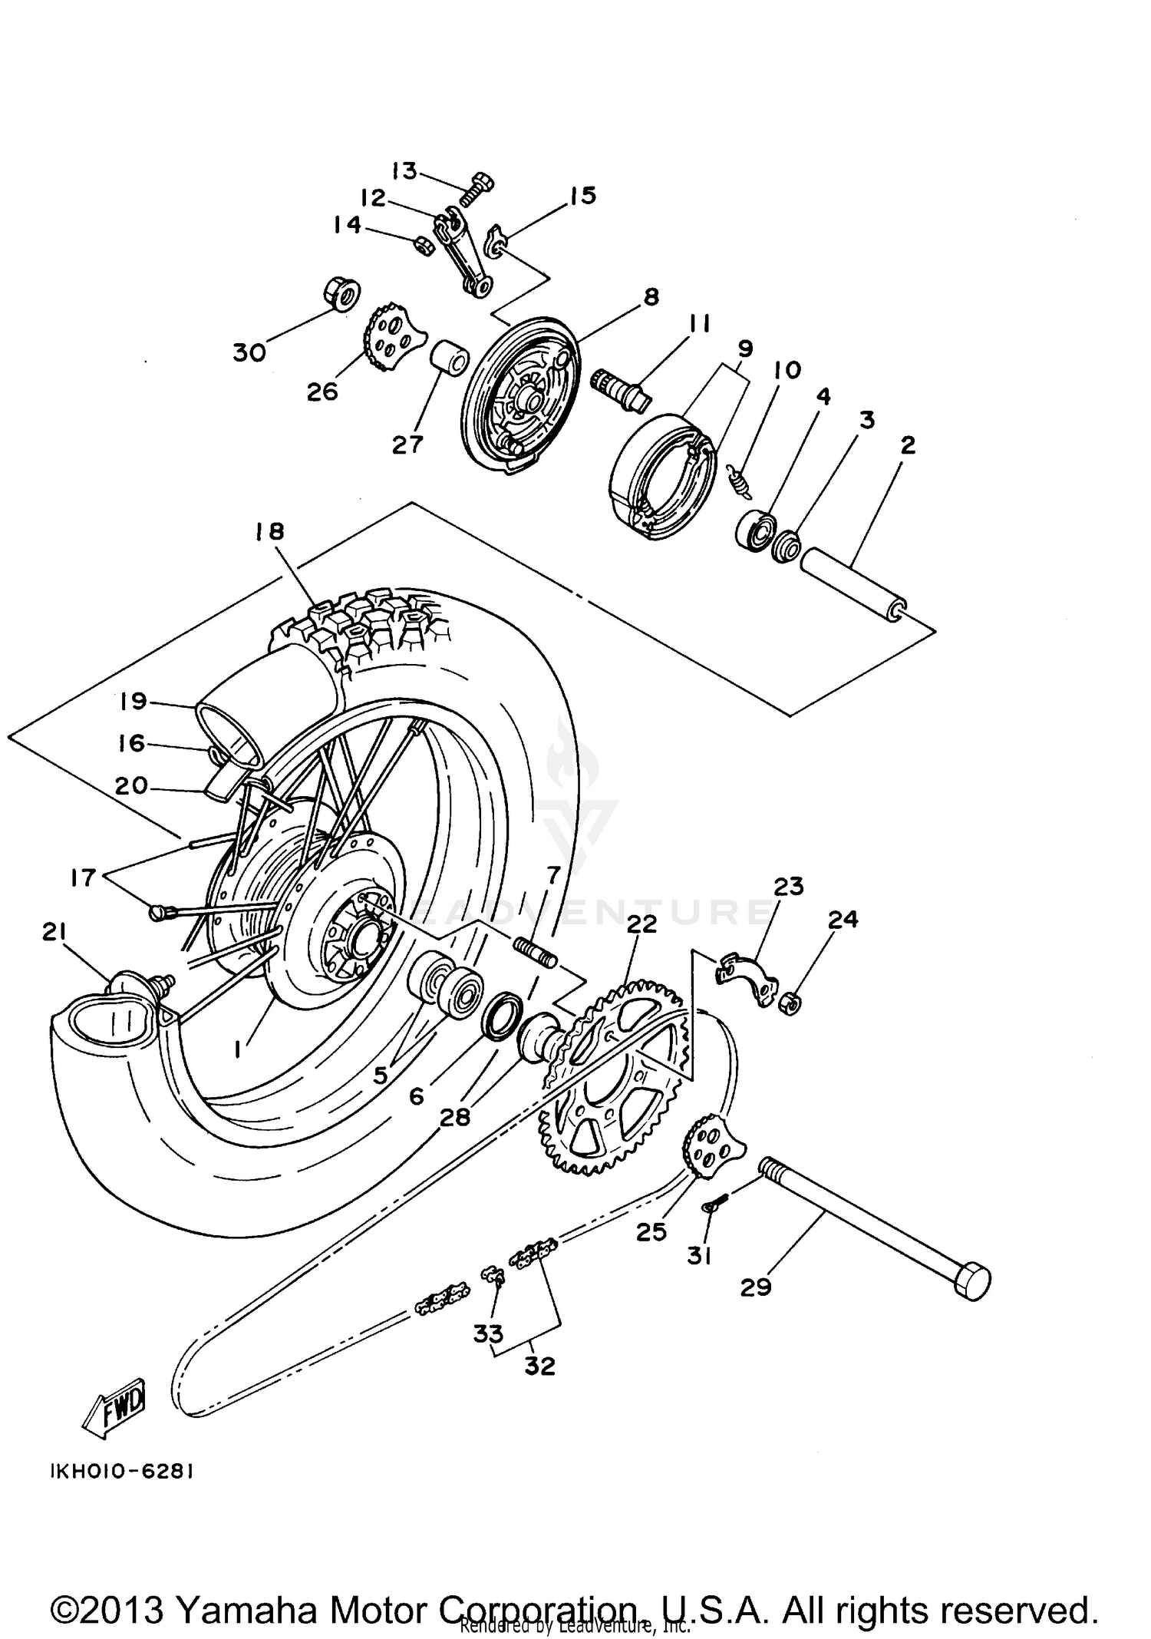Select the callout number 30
pyautogui.click(x=249, y=352)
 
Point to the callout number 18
pyautogui.click(x=271, y=530)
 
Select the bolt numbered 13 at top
pyautogui.click(x=477, y=187)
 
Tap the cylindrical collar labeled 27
pyautogui.click(x=447, y=359)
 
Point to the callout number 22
pyautogui.click(x=641, y=924)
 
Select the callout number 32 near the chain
pyautogui.click(x=539, y=1366)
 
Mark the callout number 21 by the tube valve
pyautogui.click(x=54, y=932)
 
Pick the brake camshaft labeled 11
pyautogui.click(x=619, y=389)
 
